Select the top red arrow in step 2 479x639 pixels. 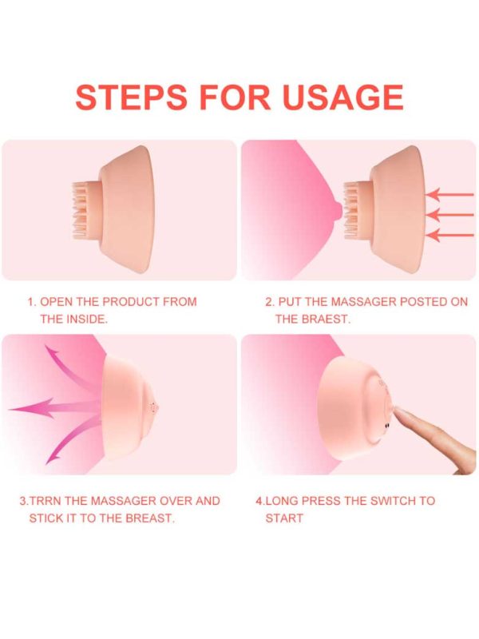449,194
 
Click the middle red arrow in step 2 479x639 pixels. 449,214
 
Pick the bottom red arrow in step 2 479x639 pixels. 449,235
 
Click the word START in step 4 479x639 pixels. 284,518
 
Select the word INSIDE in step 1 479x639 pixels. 85,319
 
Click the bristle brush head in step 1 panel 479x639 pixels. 85,211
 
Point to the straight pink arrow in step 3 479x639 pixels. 55,407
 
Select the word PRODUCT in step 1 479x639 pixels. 131,302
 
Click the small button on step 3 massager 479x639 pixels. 153,407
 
